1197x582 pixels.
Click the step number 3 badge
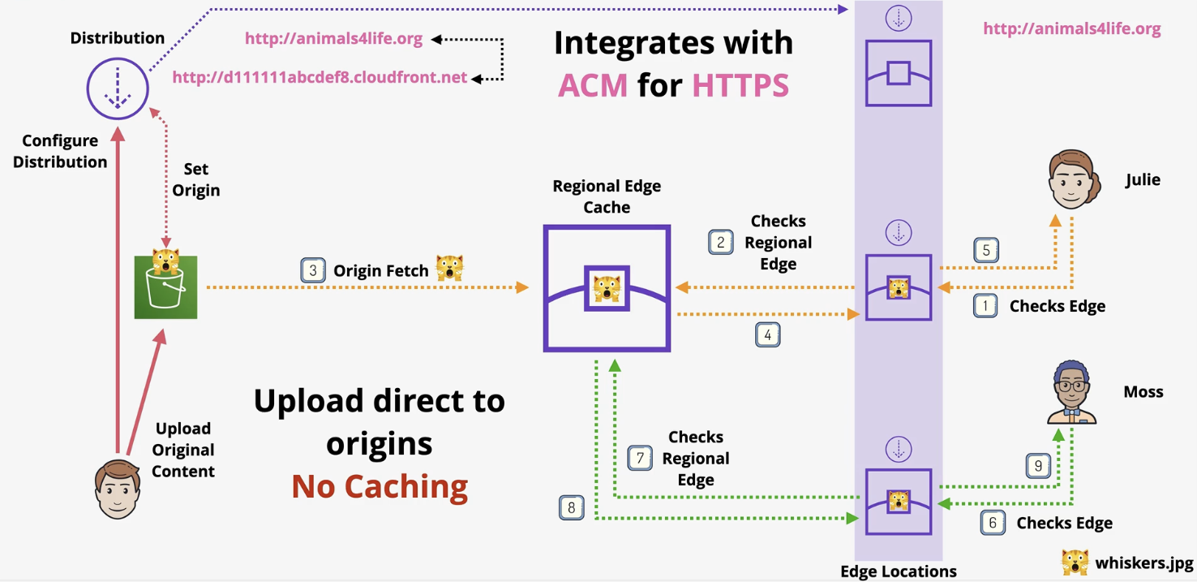(313, 270)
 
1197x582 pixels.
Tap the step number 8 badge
(571, 508)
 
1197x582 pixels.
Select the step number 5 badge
(986, 250)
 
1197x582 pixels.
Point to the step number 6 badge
(993, 523)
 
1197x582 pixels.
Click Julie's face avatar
(1074, 180)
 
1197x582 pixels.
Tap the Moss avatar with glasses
(1072, 393)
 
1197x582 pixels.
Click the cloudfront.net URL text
(320, 78)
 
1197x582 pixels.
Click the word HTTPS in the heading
(740, 84)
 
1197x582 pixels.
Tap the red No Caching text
(380, 485)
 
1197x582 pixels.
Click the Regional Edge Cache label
(607, 196)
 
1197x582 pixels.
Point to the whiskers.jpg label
(1144, 563)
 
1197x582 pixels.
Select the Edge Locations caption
(898, 571)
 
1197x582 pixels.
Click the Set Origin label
(195, 179)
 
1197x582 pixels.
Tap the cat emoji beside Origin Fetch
(449, 269)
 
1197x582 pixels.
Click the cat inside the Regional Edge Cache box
(607, 288)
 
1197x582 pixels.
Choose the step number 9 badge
(1038, 466)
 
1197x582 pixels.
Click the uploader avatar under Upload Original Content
(118, 489)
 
